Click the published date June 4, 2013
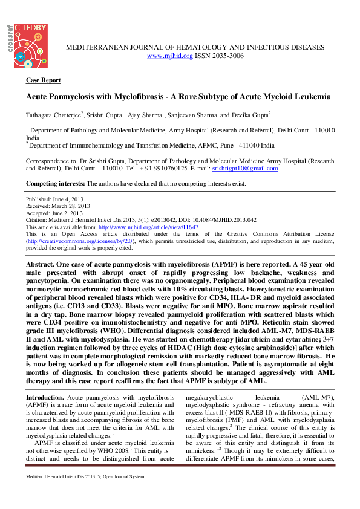[65, 199]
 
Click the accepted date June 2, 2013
[65, 213]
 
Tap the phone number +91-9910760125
[161, 169]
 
